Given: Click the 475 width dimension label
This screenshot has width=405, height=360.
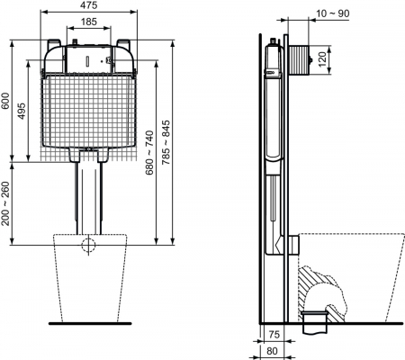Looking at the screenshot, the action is coord(89,5).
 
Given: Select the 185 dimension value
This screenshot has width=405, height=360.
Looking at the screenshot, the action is coord(89,22).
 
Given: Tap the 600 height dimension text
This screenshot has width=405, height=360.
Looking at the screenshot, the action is coord(5,101).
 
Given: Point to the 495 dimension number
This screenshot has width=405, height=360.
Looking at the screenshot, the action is coord(22,111).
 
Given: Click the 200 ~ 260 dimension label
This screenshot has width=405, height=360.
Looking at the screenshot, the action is coord(5,203).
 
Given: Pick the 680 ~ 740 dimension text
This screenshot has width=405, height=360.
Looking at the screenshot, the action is coord(149,152).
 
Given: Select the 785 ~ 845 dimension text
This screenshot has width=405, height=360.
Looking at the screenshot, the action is coord(166,142).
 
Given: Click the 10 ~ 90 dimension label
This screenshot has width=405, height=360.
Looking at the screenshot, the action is coord(333,13).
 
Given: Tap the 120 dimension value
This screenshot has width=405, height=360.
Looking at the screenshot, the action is coord(321,59).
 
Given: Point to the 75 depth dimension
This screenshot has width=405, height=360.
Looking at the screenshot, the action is coord(274,334).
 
